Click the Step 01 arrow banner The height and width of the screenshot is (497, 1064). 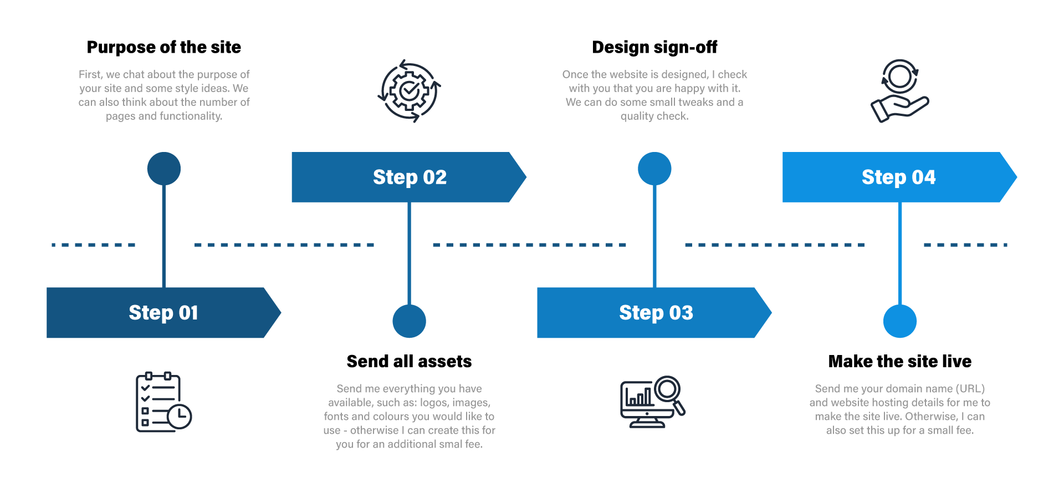[163, 313]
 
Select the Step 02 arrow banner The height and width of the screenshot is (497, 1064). [409, 177]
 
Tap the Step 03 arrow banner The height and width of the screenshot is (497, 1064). [655, 313]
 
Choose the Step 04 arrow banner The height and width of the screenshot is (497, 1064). [899, 177]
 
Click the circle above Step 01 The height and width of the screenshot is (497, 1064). [164, 169]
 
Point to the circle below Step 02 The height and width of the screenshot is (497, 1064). [409, 321]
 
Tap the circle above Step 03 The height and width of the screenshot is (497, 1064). [654, 169]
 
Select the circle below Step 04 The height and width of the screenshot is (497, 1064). [900, 321]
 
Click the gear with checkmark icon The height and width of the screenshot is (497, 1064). [410, 91]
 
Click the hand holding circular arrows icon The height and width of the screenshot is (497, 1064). [899, 91]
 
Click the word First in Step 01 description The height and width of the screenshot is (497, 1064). [90, 74]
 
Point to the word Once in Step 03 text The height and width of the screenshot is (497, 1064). [575, 74]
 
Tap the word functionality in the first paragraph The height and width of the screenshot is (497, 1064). [191, 116]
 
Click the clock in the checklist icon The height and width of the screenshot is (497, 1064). [180, 417]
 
